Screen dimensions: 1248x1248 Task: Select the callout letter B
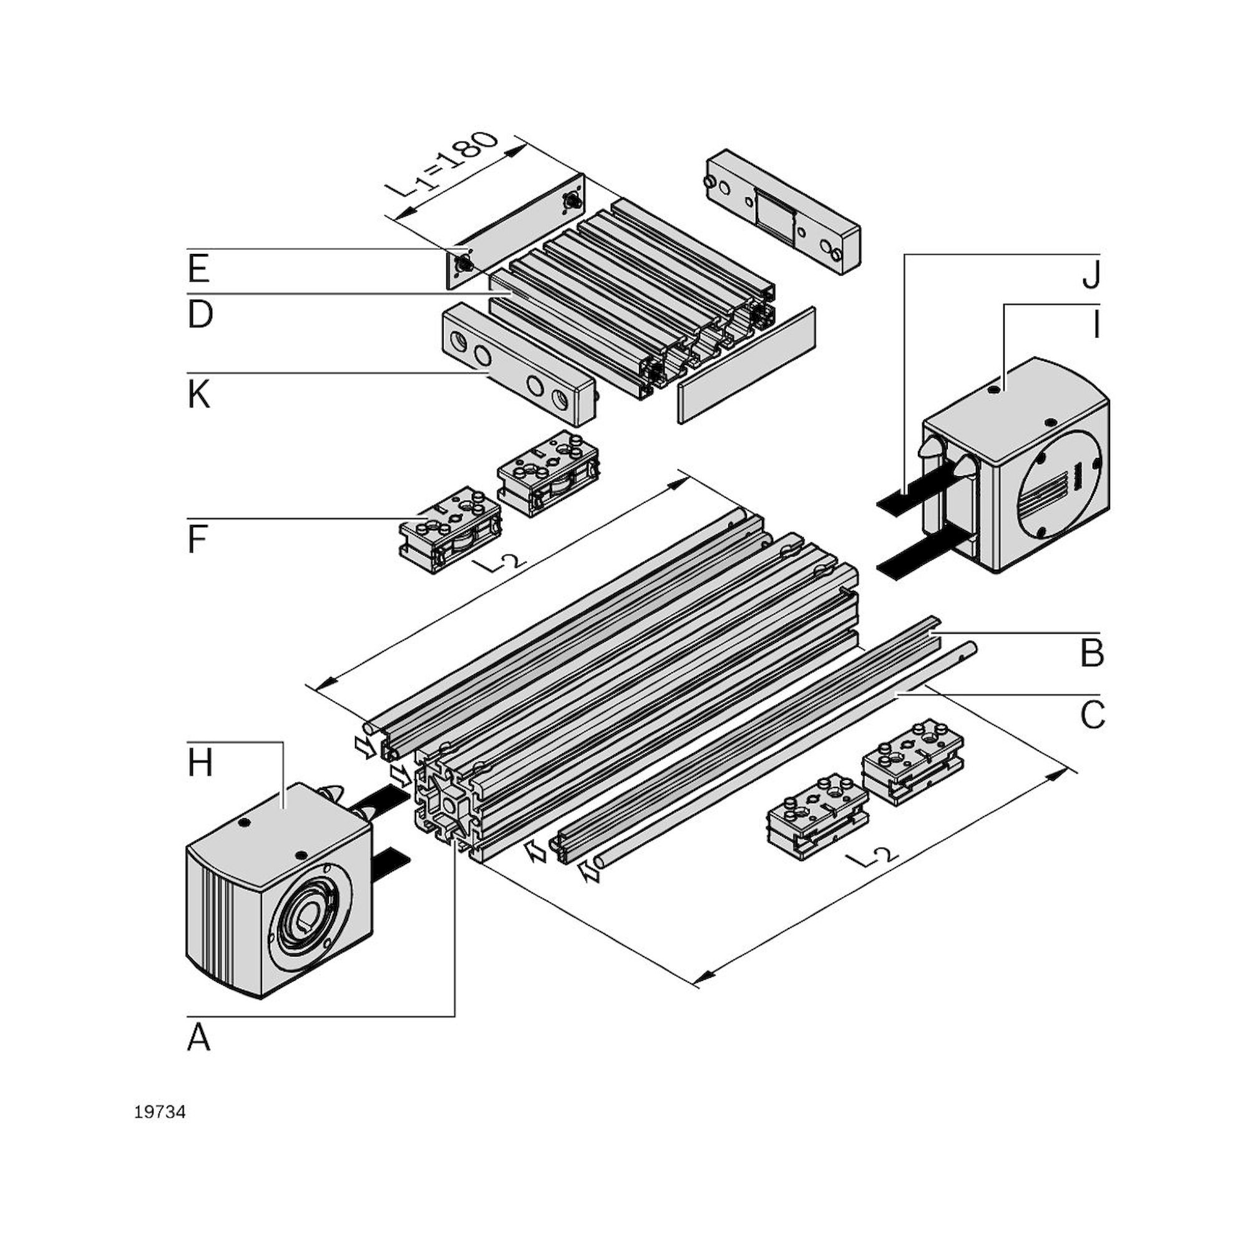point(1091,653)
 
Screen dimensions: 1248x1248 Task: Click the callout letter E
point(199,269)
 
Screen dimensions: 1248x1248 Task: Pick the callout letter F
point(198,540)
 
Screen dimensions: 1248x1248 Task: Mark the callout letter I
point(1096,326)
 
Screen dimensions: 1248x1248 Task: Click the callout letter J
point(1091,276)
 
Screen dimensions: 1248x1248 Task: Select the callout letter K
point(199,395)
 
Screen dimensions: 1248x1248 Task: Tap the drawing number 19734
point(160,1113)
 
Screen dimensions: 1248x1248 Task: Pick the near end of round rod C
point(600,862)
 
